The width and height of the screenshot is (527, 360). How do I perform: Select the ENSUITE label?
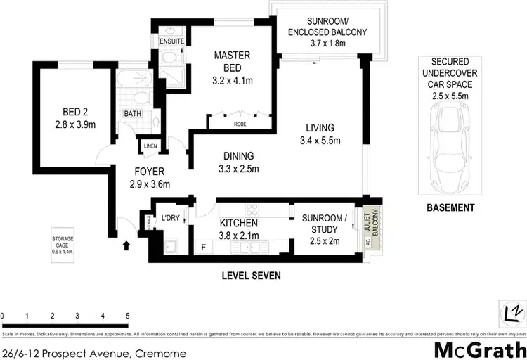pyautogui.click(x=171, y=41)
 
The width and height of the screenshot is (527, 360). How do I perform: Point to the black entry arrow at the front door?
pyautogui.click(x=127, y=245)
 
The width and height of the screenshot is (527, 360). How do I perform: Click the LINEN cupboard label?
pyautogui.click(x=150, y=146)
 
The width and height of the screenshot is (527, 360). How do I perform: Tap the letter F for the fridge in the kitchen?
pyautogui.click(x=204, y=247)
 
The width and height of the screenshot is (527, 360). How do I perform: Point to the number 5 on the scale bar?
pyautogui.click(x=127, y=316)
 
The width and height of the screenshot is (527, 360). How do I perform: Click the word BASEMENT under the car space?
pyautogui.click(x=451, y=207)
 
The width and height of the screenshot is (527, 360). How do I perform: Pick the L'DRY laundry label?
pyautogui.click(x=171, y=218)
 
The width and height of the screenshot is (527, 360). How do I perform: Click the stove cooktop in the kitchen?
pyautogui.click(x=251, y=208)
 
